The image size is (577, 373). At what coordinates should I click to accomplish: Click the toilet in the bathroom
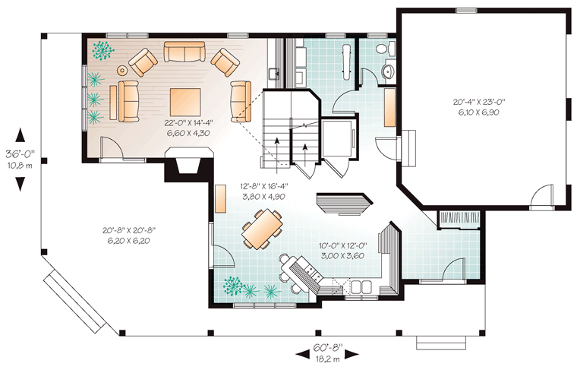point(382,48)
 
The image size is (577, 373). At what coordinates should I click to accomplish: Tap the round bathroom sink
point(387,71)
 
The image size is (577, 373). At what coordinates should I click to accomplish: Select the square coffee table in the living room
point(185,102)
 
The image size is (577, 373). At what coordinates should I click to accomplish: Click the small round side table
point(122,70)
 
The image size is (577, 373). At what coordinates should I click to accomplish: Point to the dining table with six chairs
point(262,229)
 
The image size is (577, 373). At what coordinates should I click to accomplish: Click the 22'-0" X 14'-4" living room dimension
point(189,122)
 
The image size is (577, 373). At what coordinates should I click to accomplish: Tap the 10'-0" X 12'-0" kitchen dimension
point(344,245)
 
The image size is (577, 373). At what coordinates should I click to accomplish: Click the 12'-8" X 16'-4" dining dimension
point(263,186)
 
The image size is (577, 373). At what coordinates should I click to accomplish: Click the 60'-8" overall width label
point(328,347)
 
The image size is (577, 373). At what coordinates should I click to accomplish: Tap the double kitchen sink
point(361,287)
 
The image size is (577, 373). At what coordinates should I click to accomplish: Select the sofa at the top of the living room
point(184,52)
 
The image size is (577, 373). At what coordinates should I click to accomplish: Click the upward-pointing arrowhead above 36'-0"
point(20,134)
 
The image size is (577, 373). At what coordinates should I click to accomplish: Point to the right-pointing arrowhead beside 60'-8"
point(352,354)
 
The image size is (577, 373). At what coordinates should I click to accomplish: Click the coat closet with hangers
point(460,220)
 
